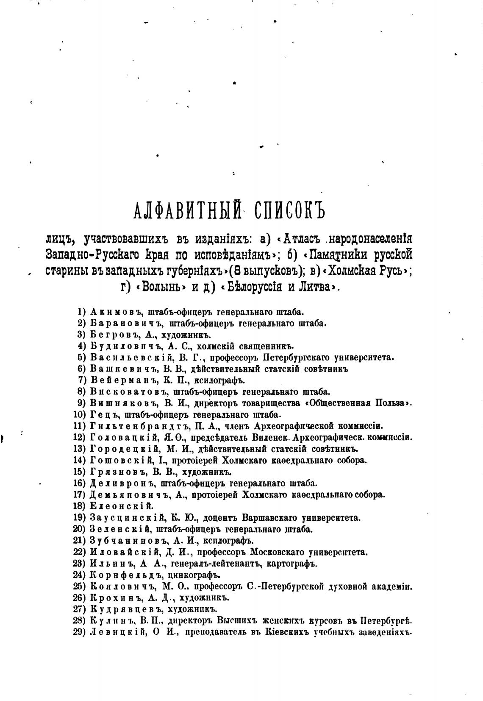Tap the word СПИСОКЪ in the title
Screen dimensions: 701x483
click(x=287, y=210)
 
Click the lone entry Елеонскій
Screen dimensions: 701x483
click(x=121, y=506)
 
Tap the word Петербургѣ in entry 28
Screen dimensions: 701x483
click(x=386, y=621)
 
